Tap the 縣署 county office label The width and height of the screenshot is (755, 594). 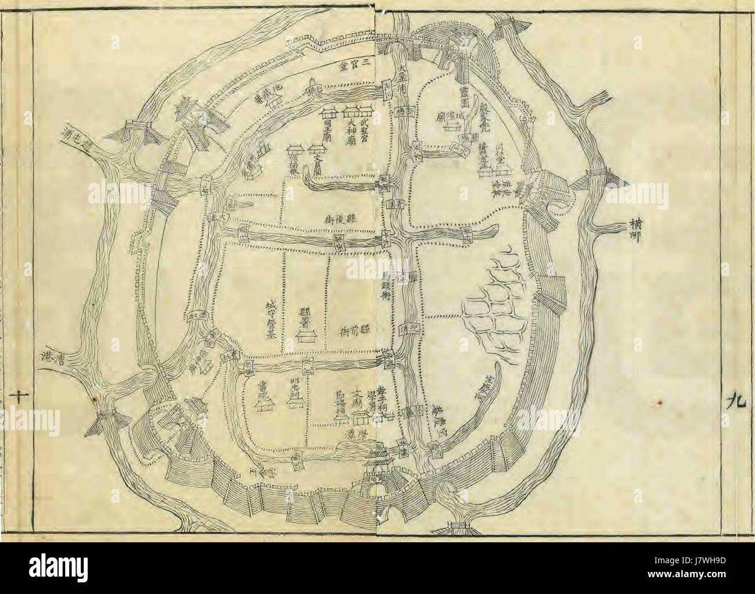[303, 314]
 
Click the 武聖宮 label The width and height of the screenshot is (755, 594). [365, 131]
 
